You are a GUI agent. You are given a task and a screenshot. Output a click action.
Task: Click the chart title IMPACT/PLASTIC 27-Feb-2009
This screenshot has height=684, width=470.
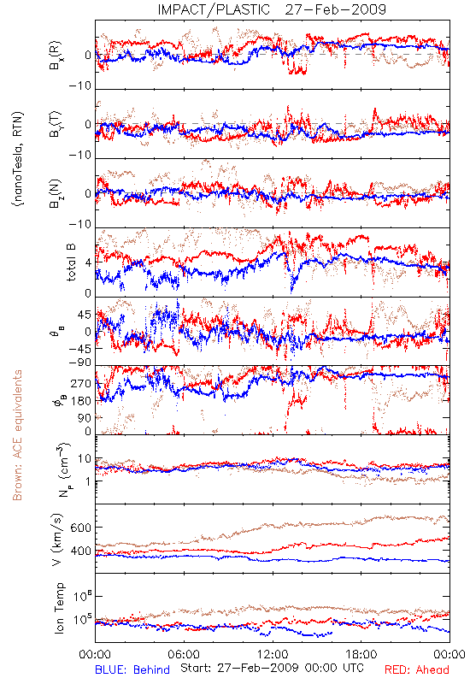pyautogui.click(x=272, y=9)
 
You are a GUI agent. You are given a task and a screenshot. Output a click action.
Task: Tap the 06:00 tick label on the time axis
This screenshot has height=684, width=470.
pyautogui.click(x=184, y=654)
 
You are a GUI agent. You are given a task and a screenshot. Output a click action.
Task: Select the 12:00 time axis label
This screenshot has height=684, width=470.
pyautogui.click(x=273, y=654)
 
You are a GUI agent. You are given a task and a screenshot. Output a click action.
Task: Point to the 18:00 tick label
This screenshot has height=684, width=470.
pyautogui.click(x=361, y=654)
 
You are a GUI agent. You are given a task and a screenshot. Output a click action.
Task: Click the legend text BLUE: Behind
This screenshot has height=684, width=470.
pyautogui.click(x=132, y=669)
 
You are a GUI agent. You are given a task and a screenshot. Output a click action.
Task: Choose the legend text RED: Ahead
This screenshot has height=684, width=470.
pyautogui.click(x=417, y=669)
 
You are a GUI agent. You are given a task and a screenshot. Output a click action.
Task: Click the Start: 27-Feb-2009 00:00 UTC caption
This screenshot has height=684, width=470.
pyautogui.click(x=272, y=668)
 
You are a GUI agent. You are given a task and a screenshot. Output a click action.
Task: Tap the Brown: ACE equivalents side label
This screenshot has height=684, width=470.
pyautogui.click(x=17, y=435)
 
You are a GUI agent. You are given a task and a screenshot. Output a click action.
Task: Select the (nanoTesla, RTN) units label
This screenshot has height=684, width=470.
pyautogui.click(x=18, y=159)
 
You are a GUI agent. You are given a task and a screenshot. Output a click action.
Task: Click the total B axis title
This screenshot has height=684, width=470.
pyautogui.click(x=71, y=262)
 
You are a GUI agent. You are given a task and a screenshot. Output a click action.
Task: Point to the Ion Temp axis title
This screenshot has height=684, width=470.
pyautogui.click(x=59, y=608)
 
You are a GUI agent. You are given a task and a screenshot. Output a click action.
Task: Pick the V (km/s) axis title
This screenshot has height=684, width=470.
pyautogui.click(x=58, y=540)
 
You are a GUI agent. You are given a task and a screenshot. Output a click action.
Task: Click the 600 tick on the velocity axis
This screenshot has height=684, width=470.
pyautogui.click(x=80, y=528)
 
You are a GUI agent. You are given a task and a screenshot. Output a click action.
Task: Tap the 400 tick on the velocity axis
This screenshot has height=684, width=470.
pyautogui.click(x=80, y=551)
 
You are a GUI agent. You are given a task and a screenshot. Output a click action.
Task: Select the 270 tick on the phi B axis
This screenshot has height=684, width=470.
pyautogui.click(x=81, y=383)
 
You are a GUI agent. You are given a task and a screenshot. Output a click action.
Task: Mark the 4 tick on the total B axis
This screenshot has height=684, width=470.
pyautogui.click(x=89, y=262)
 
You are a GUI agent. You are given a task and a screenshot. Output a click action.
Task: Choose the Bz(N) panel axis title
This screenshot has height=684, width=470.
pyautogui.click(x=56, y=193)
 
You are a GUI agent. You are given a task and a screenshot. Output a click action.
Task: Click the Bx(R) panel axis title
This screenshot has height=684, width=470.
pyautogui.click(x=56, y=55)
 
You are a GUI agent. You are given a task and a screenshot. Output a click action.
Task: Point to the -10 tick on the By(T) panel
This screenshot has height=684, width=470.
pyautogui.click(x=80, y=156)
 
